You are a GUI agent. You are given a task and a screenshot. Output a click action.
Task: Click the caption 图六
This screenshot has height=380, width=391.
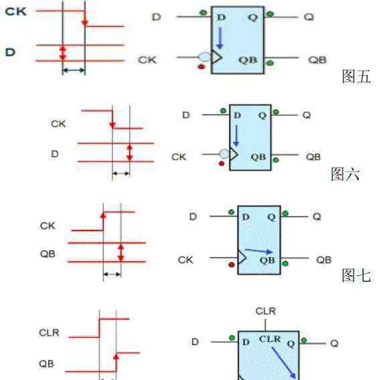click(x=345, y=174)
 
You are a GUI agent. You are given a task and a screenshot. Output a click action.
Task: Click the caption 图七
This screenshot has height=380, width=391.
click(x=356, y=275)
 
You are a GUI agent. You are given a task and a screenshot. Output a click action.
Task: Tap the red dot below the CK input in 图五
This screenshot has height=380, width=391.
click(x=202, y=66)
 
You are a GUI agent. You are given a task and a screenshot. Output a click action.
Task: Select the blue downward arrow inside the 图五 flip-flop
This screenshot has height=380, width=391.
click(x=220, y=38)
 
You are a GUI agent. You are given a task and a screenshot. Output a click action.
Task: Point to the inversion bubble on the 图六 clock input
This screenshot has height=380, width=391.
click(x=224, y=153)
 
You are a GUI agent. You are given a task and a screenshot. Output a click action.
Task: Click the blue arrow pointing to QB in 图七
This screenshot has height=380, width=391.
click(x=258, y=251)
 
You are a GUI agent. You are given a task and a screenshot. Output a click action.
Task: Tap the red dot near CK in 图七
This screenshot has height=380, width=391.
click(x=232, y=265)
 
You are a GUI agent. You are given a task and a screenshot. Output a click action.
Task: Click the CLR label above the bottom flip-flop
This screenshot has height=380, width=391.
click(x=266, y=312)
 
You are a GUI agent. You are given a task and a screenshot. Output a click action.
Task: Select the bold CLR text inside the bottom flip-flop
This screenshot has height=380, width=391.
click(x=270, y=339)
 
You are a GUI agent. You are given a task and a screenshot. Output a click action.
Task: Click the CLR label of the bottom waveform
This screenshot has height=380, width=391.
click(x=49, y=332)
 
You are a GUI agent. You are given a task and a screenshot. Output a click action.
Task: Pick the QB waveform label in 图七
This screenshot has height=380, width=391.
click(x=48, y=254)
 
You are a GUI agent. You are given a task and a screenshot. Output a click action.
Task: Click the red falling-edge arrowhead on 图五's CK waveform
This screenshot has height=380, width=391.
click(x=85, y=23)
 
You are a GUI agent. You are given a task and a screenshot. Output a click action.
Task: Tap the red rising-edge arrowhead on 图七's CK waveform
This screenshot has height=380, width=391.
click(x=103, y=215)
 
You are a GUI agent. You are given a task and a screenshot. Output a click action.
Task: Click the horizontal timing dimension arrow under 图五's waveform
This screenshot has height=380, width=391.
click(x=74, y=70)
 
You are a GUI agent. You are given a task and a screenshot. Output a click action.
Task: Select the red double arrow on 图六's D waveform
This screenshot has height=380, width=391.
click(x=129, y=153)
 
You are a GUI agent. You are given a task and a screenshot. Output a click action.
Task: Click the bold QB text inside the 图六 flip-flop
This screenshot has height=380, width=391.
click(x=258, y=157)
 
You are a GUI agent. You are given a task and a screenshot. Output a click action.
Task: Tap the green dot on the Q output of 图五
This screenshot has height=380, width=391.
click(x=270, y=14)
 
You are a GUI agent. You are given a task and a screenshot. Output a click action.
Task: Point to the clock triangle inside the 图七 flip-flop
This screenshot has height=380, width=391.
click(x=242, y=257)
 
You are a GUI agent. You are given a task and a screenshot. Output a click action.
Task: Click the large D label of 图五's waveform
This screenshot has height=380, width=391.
click(x=10, y=52)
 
